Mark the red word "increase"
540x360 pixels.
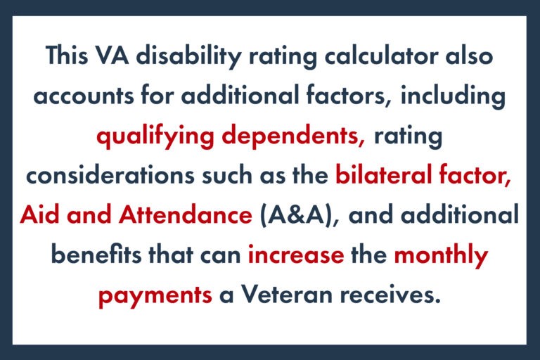pyautogui.click(x=296, y=255)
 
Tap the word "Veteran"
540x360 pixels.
pyautogui.click(x=282, y=295)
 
